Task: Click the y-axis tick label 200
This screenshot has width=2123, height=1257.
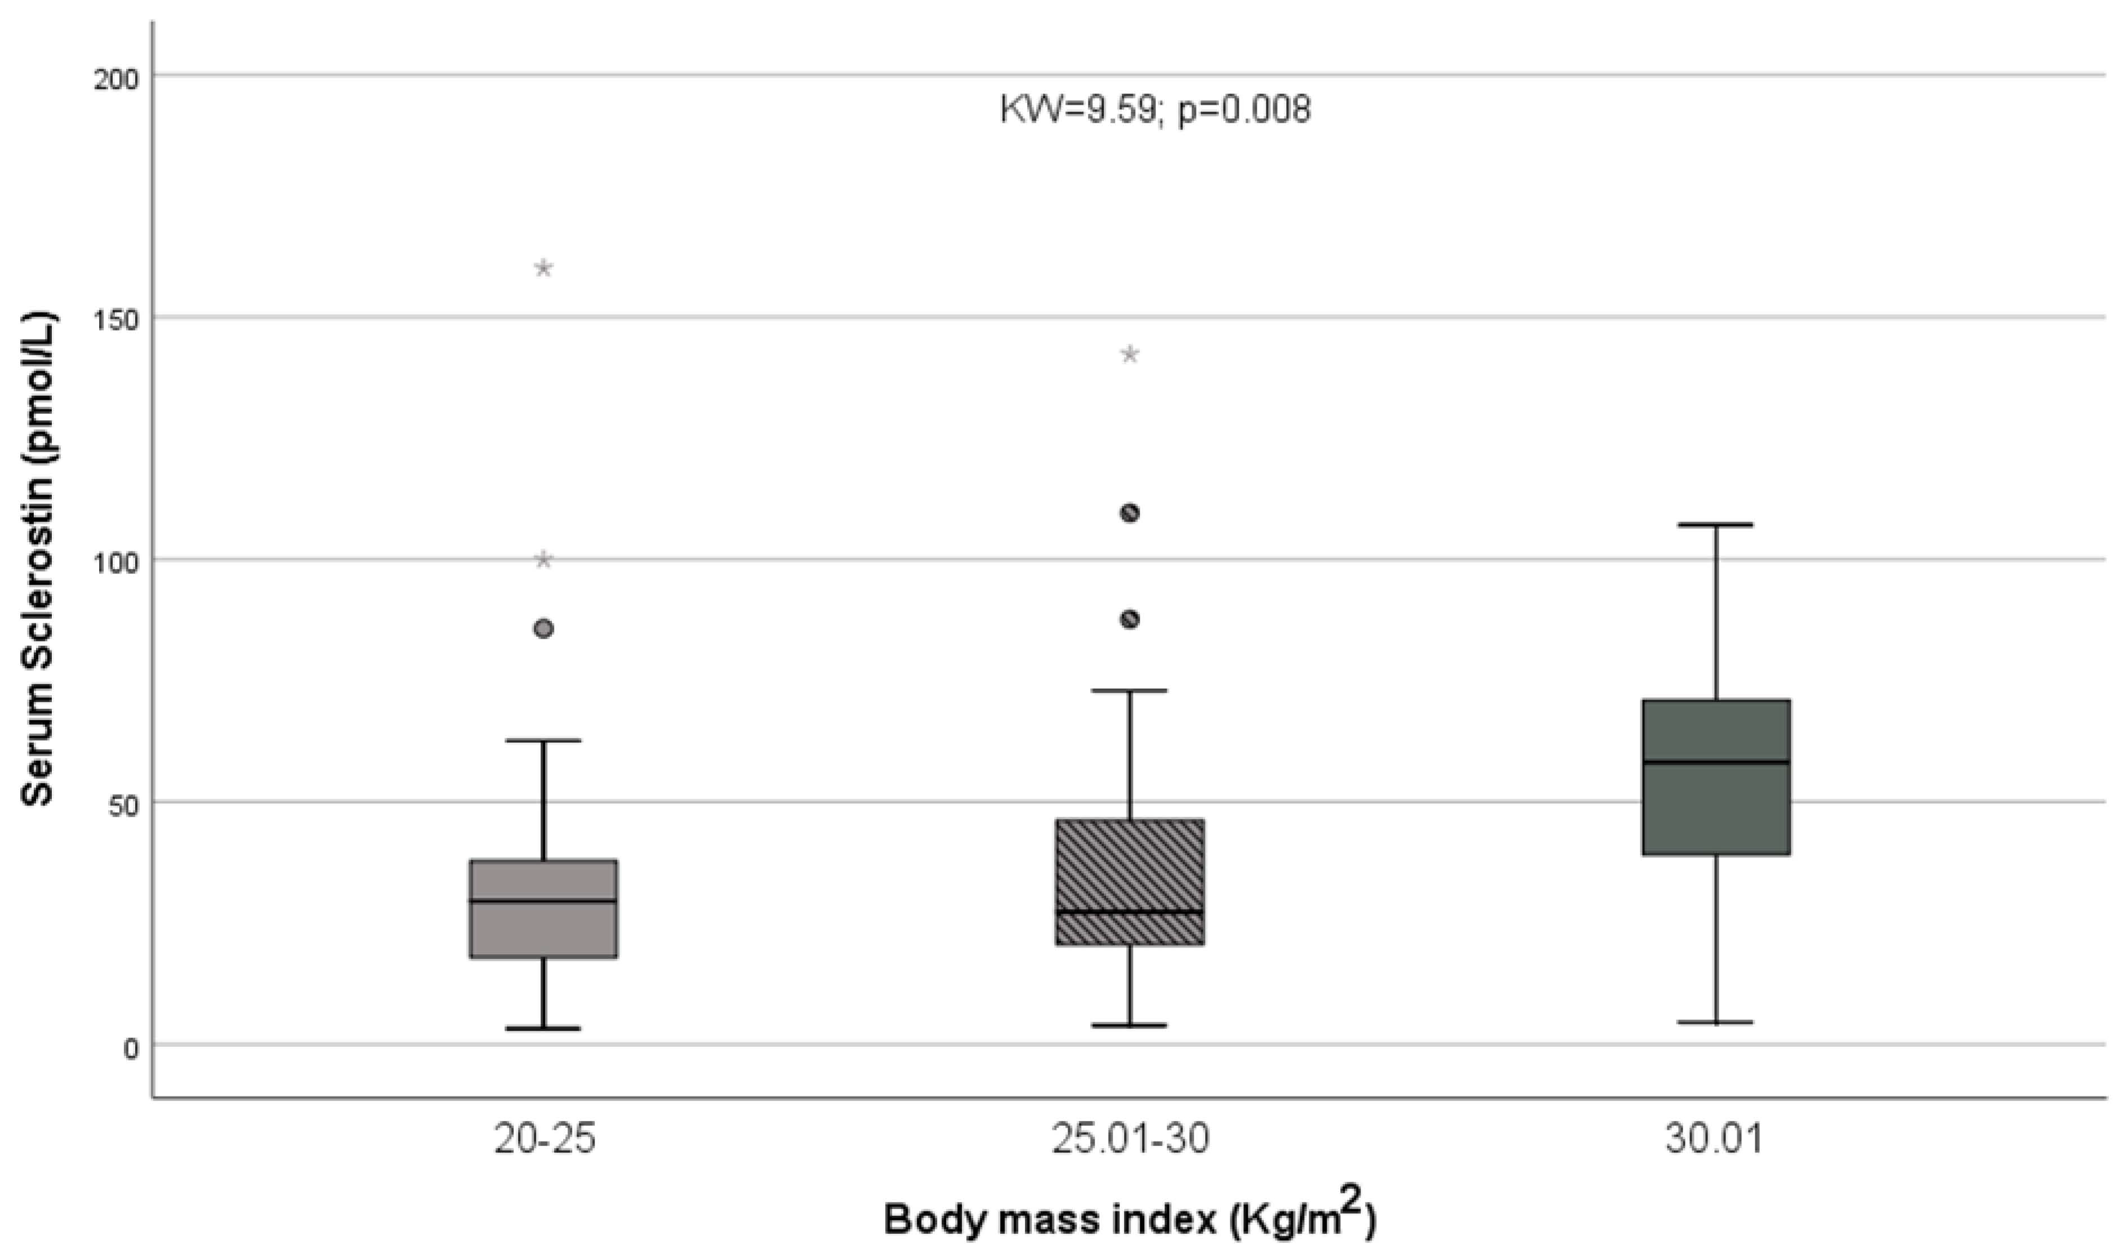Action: point(119,77)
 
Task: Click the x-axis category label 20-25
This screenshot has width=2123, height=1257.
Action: point(545,1140)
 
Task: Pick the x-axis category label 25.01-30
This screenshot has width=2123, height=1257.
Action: point(1131,1140)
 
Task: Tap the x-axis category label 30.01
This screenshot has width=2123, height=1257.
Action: point(1715,1140)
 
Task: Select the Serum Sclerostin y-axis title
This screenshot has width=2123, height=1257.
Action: point(38,560)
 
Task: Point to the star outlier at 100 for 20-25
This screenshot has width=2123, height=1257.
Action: point(543,560)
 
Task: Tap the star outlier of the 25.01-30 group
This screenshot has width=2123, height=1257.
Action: point(1130,354)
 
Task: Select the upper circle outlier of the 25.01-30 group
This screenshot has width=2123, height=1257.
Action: point(1130,512)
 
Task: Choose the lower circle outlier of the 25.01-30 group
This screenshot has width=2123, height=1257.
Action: point(1130,619)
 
